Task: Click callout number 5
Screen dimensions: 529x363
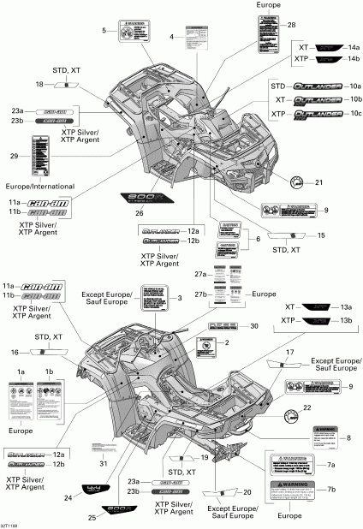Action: pyautogui.click(x=104, y=31)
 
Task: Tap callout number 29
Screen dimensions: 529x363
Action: pyautogui.click(x=13, y=156)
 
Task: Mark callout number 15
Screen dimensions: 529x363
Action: pyautogui.click(x=322, y=235)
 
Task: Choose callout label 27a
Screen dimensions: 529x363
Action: pyautogui.click(x=200, y=274)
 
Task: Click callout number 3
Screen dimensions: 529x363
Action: pyautogui.click(x=180, y=298)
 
